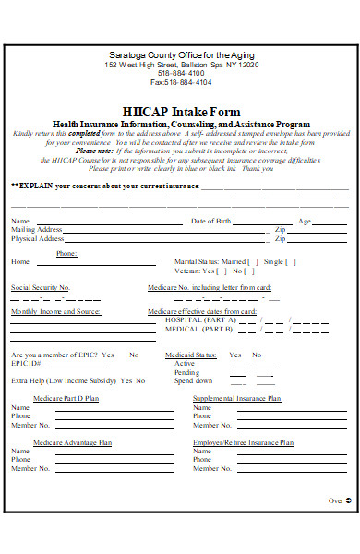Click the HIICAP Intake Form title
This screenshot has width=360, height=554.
[181, 111]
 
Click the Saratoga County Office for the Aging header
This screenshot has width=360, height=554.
[181, 56]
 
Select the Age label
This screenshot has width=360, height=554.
[304, 222]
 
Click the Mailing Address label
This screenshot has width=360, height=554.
[37, 230]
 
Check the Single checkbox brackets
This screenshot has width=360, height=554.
[292, 261]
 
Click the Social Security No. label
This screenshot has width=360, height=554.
[40, 288]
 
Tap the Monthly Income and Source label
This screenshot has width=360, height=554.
[55, 312]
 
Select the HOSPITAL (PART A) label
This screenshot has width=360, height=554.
[201, 319]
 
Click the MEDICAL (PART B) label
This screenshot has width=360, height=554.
[199, 329]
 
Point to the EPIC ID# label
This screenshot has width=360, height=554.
[26, 364]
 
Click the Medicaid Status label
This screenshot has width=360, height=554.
[191, 355]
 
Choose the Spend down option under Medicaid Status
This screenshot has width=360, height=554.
[194, 380]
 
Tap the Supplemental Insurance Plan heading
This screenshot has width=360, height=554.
[236, 398]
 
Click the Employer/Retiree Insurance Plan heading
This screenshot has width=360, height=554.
[243, 443]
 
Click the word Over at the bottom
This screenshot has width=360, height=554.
[335, 501]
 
